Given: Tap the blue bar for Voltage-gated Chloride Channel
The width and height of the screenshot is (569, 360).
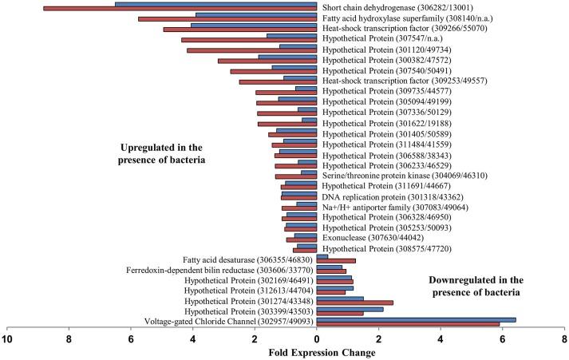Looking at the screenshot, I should [416, 319].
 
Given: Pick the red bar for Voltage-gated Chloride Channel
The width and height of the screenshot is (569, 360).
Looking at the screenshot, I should [408, 325].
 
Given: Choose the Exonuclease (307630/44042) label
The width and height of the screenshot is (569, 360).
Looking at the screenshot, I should [371, 238].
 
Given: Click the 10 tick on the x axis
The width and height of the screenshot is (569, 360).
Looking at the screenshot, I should [8, 338].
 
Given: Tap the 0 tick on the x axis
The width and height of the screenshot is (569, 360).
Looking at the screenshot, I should [317, 338].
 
